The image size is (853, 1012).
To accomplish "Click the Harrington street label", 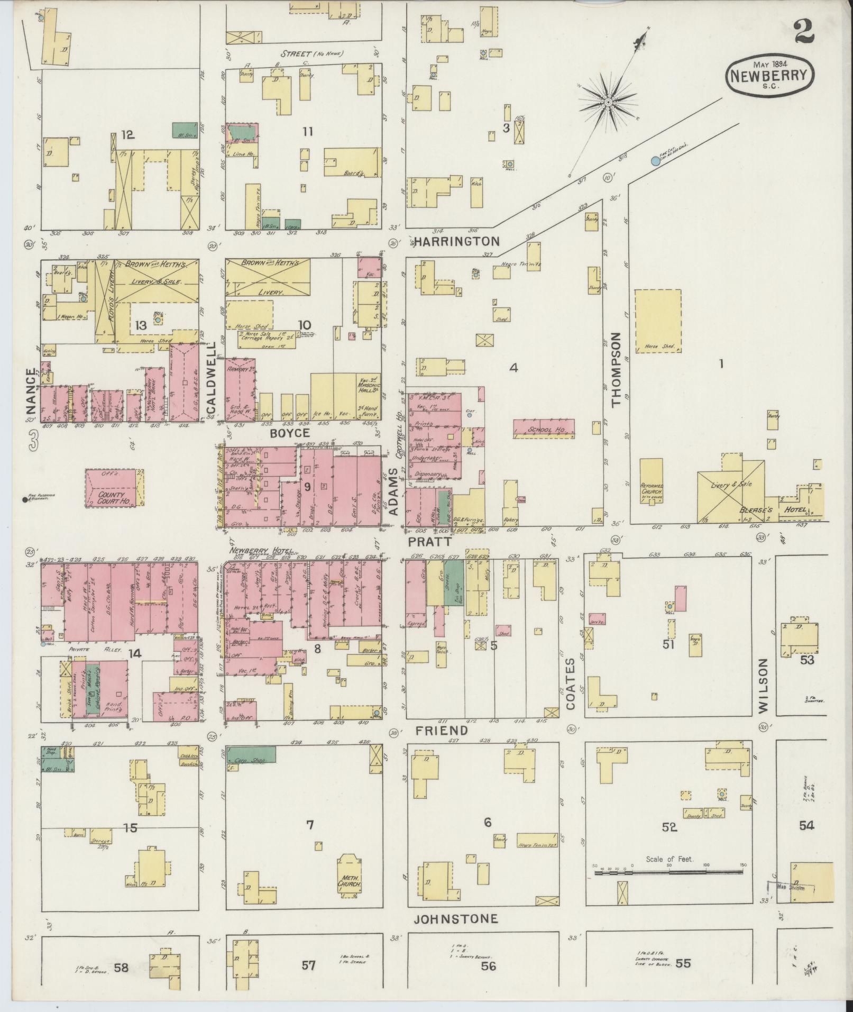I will pyautogui.click(x=456, y=242).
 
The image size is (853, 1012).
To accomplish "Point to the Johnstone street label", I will pyautogui.click(x=456, y=919).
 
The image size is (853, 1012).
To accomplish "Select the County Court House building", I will pyautogui.click(x=114, y=488).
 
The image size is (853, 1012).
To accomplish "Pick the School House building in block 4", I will pyautogui.click(x=544, y=429).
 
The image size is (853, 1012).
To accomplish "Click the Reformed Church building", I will pyautogui.click(x=652, y=481).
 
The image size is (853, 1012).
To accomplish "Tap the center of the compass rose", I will pyautogui.click(x=609, y=102).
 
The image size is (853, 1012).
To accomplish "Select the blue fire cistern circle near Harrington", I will pyautogui.click(x=656, y=160).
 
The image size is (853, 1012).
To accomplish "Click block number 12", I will pyautogui.click(x=128, y=135).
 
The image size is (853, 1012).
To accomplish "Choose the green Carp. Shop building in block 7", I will pyautogui.click(x=251, y=754).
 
